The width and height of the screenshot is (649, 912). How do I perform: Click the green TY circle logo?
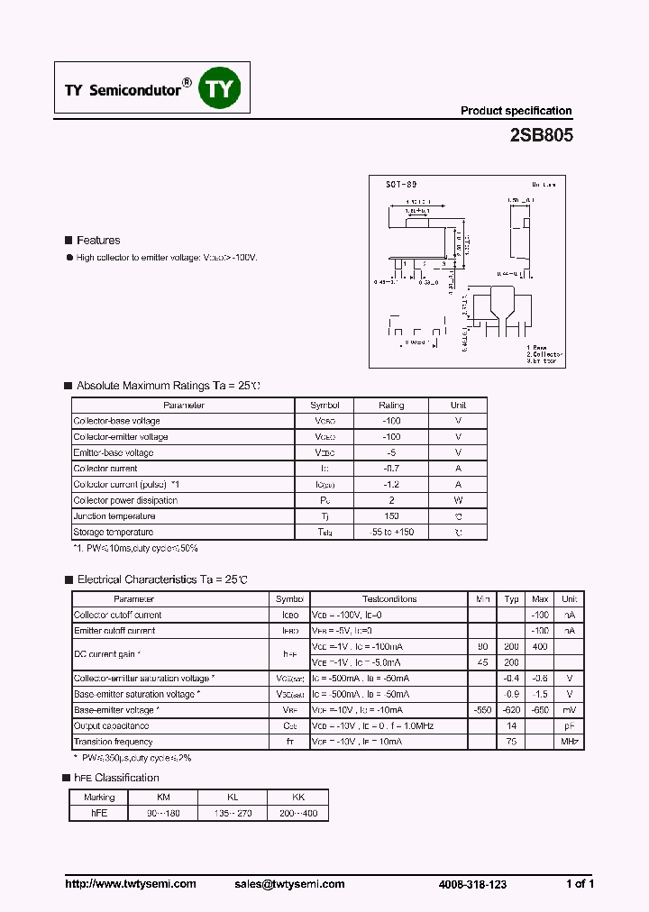click(220, 88)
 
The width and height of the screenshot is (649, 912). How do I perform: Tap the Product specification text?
click(516, 111)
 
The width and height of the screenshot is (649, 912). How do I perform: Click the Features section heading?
click(97, 241)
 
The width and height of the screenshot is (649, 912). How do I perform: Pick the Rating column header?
click(391, 406)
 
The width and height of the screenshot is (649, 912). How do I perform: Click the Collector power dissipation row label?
click(125, 500)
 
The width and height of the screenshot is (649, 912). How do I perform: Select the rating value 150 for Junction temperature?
click(391, 516)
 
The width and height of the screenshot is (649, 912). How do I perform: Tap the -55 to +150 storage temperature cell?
click(391, 533)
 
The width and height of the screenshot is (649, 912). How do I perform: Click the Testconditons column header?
click(389, 599)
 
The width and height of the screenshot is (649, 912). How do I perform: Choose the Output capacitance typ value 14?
click(511, 725)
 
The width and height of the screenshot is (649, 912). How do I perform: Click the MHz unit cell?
click(569, 742)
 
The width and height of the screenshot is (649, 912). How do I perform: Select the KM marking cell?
click(163, 797)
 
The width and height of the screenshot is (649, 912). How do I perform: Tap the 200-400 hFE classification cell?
click(298, 813)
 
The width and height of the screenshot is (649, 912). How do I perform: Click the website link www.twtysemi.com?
click(131, 884)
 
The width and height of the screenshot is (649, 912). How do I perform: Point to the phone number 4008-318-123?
click(473, 884)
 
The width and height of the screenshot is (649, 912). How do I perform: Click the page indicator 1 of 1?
click(579, 884)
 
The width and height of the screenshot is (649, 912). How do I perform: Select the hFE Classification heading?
click(117, 778)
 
